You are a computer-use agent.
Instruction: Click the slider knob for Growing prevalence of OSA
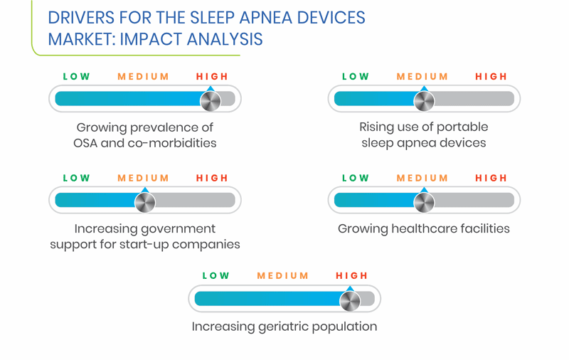[x=211, y=101]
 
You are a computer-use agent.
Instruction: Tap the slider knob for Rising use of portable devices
[x=424, y=101]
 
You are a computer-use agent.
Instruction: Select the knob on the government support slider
[x=145, y=203]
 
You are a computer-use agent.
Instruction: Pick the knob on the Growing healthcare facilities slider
[x=424, y=203]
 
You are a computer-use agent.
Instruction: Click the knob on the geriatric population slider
[x=350, y=301]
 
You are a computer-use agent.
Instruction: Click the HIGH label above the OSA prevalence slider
[x=212, y=77]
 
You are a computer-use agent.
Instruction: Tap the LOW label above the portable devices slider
[x=355, y=77]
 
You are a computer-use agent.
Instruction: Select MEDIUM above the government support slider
[x=144, y=178]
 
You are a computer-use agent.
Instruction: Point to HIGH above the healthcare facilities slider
[x=491, y=178]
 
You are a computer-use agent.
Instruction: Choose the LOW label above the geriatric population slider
[x=216, y=276]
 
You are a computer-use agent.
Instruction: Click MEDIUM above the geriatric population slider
[x=282, y=276]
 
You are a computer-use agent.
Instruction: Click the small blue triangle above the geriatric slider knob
[x=350, y=289]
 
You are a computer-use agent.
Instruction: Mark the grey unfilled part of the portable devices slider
[x=474, y=99]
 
